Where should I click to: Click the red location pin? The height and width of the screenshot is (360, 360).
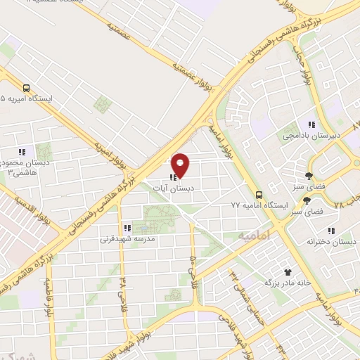[x=181, y=165]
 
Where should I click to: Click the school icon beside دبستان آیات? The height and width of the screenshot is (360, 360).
[x=172, y=178]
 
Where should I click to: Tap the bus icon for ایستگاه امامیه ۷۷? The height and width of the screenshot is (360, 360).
[x=259, y=194]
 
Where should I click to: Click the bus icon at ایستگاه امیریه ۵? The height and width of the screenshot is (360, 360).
[x=26, y=89]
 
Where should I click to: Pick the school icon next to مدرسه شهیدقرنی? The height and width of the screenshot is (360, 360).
[x=127, y=228]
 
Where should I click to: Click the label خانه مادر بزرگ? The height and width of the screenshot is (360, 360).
[x=287, y=283]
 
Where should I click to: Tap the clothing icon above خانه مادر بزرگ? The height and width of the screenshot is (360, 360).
[x=287, y=271]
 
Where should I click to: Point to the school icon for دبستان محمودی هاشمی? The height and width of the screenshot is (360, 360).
[x=22, y=151]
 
